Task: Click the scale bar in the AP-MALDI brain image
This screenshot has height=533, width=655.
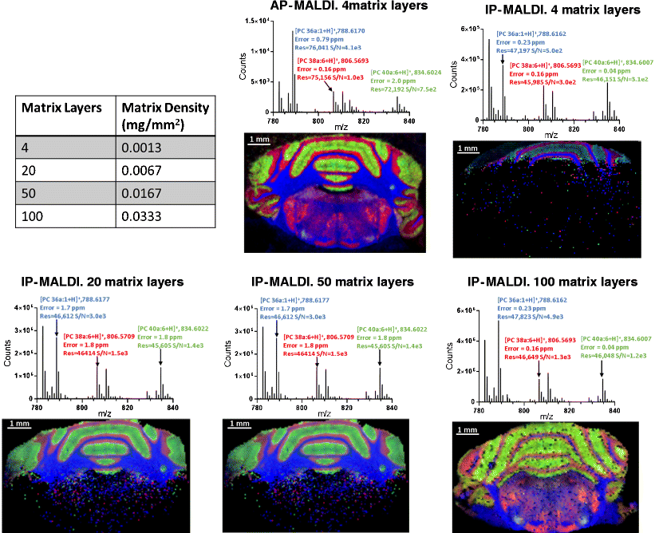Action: pyautogui.click(x=258, y=140)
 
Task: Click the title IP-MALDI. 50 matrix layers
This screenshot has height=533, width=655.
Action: pyautogui.click(x=331, y=282)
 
